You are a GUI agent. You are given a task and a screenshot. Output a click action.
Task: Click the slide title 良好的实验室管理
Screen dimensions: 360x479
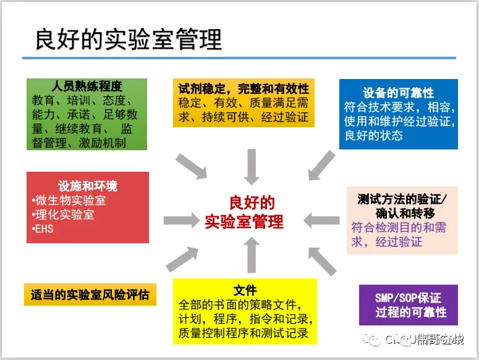point(128,40)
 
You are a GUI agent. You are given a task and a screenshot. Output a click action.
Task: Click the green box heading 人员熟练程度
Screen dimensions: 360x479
point(87,87)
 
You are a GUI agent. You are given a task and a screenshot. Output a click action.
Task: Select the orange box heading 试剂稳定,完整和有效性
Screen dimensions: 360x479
point(244,88)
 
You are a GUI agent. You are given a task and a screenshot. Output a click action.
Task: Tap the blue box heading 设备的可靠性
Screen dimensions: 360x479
point(399,93)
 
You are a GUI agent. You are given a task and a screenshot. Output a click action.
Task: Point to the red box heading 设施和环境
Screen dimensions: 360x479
point(88,186)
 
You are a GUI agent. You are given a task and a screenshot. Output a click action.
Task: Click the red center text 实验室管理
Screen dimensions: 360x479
point(244,221)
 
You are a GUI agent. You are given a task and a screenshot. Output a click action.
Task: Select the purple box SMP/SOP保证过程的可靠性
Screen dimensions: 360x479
point(409,305)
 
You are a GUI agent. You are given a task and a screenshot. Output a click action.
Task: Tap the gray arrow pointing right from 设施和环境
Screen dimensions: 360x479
point(180,220)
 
